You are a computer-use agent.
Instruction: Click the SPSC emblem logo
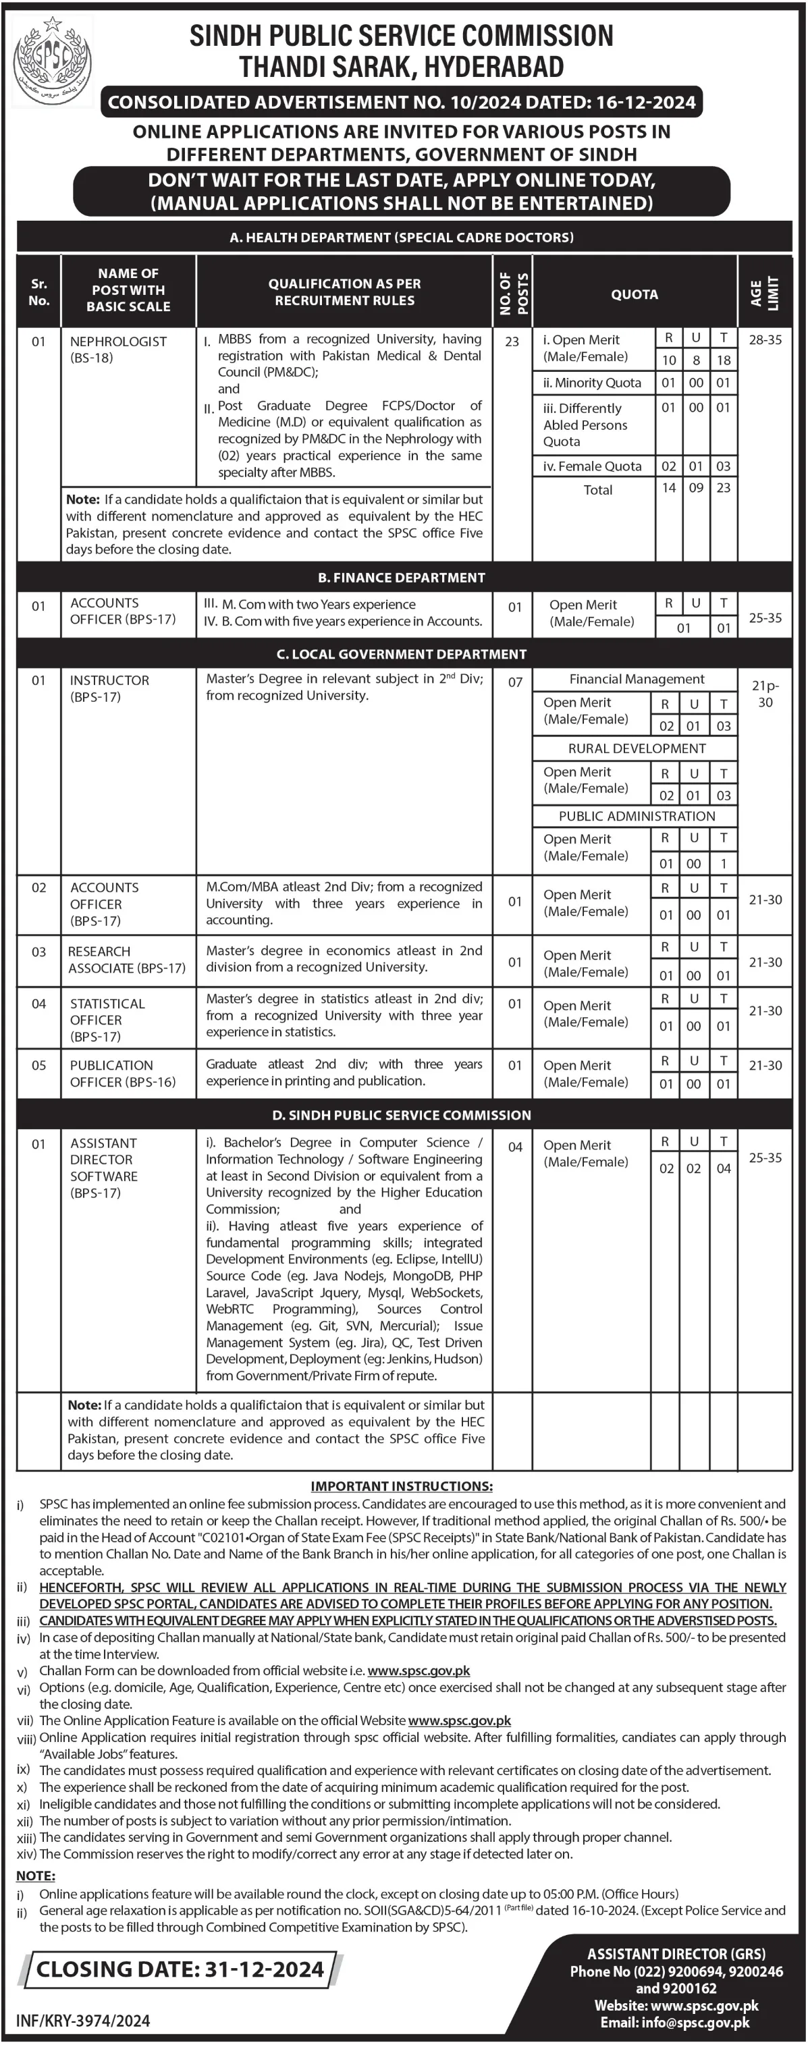tap(53, 61)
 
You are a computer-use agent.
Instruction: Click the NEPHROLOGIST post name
tap(118, 342)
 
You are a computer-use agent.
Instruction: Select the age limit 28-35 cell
tap(764, 339)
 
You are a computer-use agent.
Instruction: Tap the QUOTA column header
tap(634, 294)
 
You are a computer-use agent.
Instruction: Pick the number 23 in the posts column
tap(512, 342)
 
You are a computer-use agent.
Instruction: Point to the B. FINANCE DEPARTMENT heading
tap(401, 578)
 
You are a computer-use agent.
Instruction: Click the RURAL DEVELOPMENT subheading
tap(637, 748)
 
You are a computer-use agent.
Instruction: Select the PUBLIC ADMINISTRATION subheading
tap(637, 816)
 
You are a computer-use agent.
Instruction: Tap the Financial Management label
tap(637, 680)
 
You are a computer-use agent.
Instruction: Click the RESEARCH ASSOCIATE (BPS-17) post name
tap(126, 960)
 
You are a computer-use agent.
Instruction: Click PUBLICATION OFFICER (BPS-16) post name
tap(122, 1073)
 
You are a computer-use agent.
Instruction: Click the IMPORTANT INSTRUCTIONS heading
tap(402, 1486)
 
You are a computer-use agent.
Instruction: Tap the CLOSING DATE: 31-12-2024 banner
tap(180, 1969)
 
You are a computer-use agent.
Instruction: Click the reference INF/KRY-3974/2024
tap(83, 2021)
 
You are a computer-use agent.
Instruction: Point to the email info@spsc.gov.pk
tap(674, 2022)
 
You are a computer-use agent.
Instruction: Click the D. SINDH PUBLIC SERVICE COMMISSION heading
tap(401, 1116)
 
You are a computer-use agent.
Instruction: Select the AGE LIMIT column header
tap(764, 294)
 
